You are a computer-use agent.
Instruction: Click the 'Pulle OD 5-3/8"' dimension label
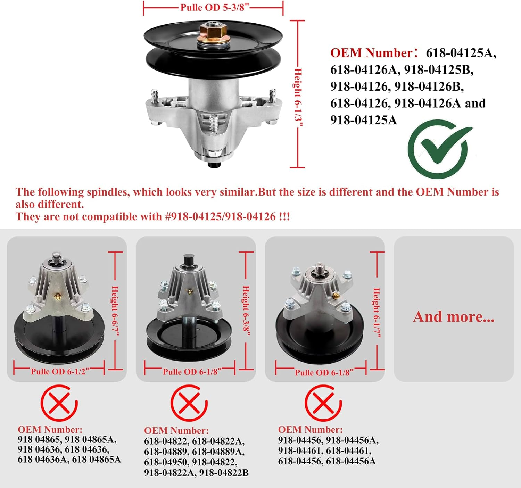215,7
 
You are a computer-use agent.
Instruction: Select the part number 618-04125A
461,53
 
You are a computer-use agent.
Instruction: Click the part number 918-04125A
363,120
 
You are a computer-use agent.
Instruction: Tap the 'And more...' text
454,317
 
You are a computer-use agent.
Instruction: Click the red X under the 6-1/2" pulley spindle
59,403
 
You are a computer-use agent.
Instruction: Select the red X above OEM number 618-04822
189,403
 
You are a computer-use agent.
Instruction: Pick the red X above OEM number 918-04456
323,403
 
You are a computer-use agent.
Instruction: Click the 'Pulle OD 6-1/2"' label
58,372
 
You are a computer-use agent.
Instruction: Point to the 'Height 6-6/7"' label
115,311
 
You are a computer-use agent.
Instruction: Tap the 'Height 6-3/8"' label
246,311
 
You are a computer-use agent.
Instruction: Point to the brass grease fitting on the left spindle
57,296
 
